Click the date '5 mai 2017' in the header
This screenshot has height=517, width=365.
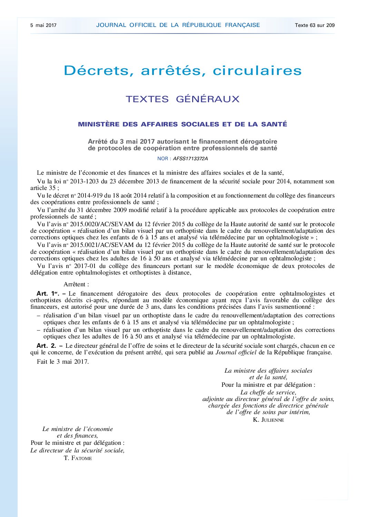point(43,25)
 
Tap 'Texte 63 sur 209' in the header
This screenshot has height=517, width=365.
point(315,25)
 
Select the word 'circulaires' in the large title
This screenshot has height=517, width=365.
point(257,71)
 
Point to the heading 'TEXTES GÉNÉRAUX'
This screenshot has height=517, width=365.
point(182,99)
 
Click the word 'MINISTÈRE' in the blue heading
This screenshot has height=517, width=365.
point(99,124)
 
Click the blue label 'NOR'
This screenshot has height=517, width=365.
point(162,159)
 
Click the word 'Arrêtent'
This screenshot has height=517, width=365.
point(76,285)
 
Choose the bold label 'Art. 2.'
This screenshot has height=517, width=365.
point(46,346)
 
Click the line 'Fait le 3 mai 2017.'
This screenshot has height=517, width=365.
point(63,362)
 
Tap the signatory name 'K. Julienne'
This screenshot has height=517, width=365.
point(268,420)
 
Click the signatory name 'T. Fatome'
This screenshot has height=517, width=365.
point(78,458)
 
